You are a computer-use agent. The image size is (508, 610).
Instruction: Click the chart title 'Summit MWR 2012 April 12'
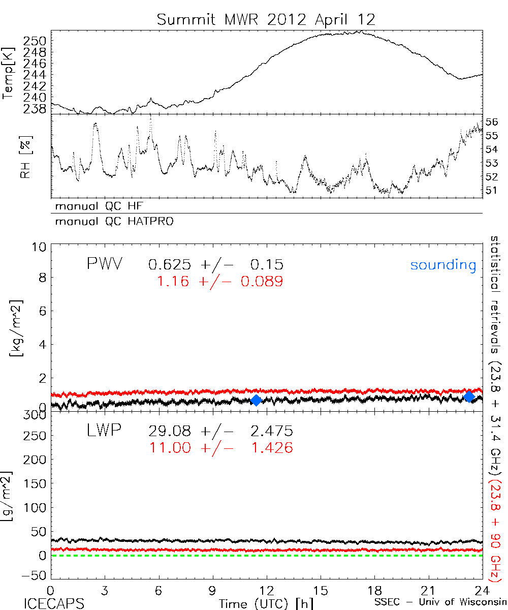(x=266, y=20)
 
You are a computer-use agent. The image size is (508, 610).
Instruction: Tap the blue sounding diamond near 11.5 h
(x=257, y=400)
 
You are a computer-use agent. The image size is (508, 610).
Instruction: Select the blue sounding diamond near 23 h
(x=469, y=396)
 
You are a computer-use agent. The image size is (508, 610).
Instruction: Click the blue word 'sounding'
(x=443, y=265)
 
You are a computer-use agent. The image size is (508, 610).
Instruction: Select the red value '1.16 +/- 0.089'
(x=219, y=281)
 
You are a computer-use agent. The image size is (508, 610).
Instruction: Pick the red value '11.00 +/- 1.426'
(x=220, y=448)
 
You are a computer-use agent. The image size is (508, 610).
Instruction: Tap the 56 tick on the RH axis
(x=492, y=122)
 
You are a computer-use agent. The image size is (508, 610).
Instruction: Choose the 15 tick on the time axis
(x=321, y=591)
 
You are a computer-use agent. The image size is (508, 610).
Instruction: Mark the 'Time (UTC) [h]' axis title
(x=259, y=603)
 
